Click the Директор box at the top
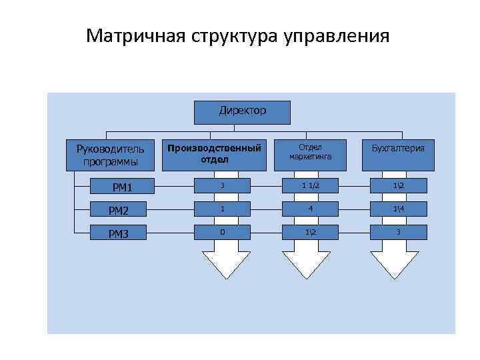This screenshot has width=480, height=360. point(242,112)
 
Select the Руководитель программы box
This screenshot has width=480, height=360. point(110,155)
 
